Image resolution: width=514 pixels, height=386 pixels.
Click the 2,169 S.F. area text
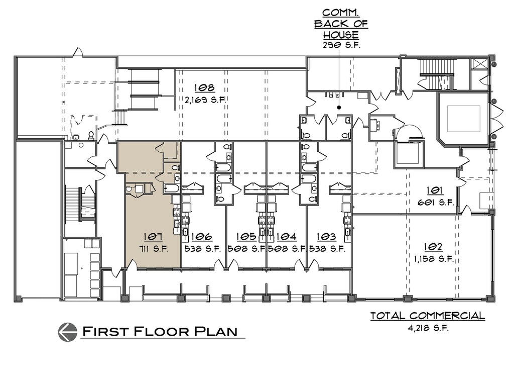click(x=205, y=100)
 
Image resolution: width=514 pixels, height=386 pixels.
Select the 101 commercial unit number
click(x=435, y=190)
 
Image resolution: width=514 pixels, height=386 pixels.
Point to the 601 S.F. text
click(x=435, y=203)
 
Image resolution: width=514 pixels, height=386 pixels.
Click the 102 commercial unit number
click(x=433, y=247)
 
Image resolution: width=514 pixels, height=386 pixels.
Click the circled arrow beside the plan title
click(x=68, y=332)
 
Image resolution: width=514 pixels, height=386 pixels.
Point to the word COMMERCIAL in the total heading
click(x=447, y=316)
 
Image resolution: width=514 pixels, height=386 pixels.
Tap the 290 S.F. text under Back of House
click(x=341, y=45)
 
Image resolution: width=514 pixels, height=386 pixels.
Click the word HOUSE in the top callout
click(x=341, y=35)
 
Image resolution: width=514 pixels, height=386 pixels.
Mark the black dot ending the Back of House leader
click(x=339, y=107)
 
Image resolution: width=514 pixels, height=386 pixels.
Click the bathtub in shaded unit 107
click(x=171, y=189)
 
